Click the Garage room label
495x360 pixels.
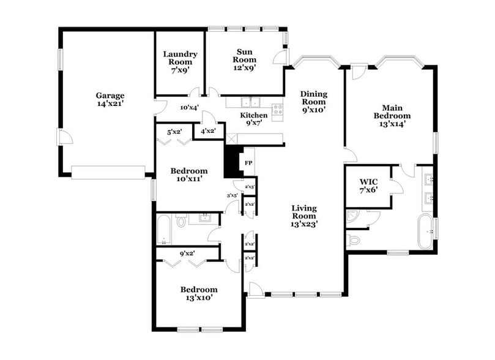tap(110, 100)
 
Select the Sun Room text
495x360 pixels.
tap(244, 59)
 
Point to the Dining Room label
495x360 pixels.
tap(313, 102)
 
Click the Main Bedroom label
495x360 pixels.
tap(392, 115)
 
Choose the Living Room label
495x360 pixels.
tap(303, 216)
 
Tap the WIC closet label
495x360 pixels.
tap(368, 186)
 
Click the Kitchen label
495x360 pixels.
tap(253, 119)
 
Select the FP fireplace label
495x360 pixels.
tap(248, 163)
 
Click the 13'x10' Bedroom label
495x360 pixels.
tap(198, 293)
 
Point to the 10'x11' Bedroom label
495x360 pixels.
tap(187, 174)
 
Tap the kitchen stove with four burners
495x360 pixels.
tap(277, 111)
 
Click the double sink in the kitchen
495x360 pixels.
tap(250, 102)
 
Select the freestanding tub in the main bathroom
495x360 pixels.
tap(425, 232)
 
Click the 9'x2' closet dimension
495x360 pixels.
tap(187, 252)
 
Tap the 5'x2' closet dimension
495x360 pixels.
tap(174, 130)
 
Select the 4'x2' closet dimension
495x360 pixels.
tap(208, 130)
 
